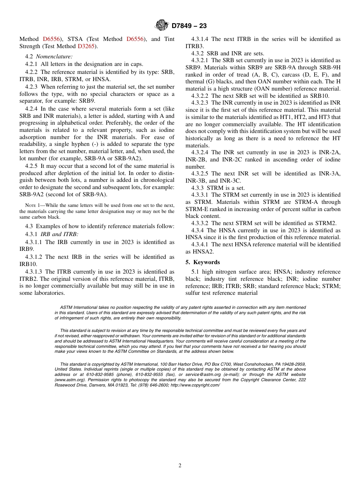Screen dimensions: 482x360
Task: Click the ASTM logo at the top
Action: (x=162, y=25)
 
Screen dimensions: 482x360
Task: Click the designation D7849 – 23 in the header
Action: (x=189, y=26)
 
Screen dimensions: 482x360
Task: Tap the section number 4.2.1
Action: (x=31, y=64)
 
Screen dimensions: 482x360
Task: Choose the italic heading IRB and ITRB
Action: (x=59, y=234)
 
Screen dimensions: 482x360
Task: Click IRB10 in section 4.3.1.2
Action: (x=27, y=264)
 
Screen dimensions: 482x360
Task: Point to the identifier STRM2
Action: (x=327, y=223)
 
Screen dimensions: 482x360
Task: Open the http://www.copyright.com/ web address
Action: (x=195, y=385)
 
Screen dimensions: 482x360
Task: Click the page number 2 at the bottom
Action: (x=180, y=466)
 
